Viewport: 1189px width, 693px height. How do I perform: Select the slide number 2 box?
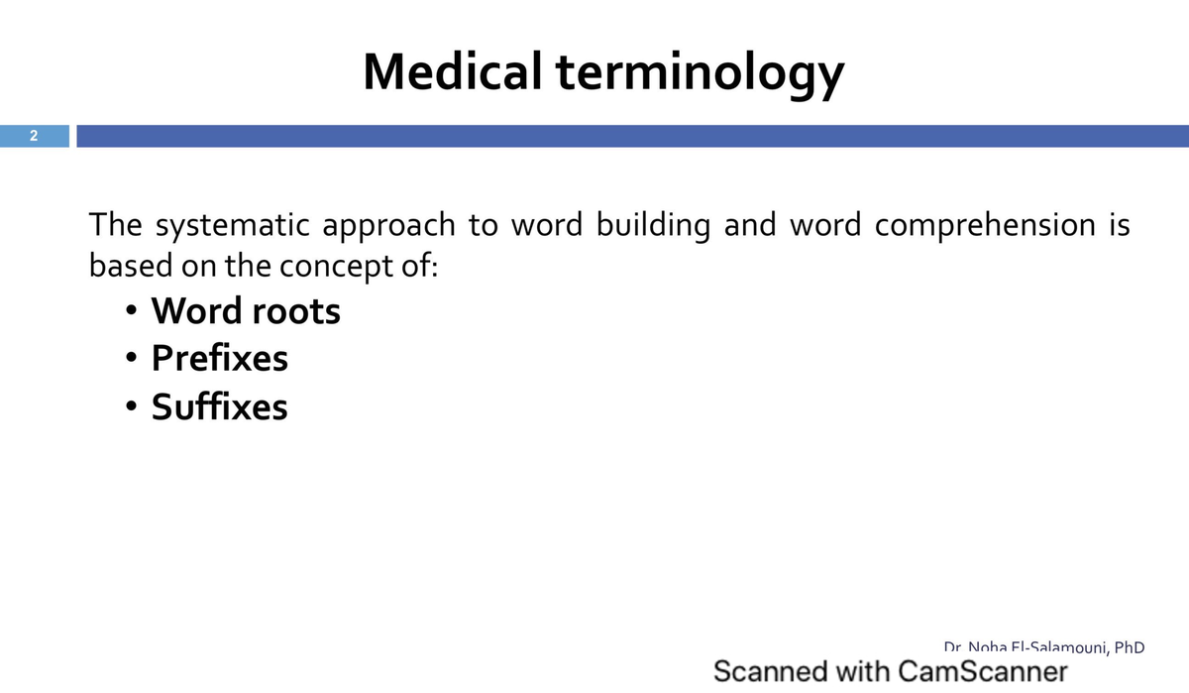34,137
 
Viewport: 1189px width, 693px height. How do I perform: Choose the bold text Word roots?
245,311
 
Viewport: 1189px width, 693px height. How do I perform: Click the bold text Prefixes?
219,358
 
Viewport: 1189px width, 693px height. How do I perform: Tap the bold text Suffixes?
219,406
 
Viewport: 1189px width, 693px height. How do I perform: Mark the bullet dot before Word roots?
131,311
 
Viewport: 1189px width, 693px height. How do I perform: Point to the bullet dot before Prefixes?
131,359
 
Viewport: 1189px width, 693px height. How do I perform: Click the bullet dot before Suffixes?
131,406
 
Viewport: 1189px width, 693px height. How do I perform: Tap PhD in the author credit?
1129,647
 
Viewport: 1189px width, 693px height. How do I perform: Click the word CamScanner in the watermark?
983,671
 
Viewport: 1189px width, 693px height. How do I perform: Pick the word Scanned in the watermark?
770,671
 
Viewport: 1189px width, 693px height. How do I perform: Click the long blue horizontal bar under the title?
632,137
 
